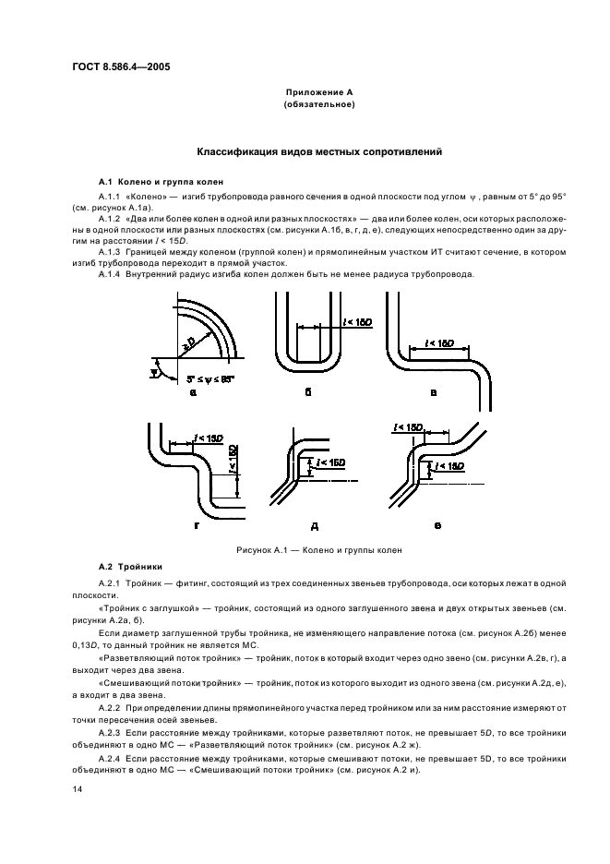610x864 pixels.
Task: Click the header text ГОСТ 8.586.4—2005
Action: [121, 66]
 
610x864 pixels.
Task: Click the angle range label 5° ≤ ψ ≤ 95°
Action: [213, 378]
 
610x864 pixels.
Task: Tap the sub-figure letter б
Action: [307, 392]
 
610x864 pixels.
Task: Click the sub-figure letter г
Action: [196, 523]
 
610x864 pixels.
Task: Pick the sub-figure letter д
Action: [314, 525]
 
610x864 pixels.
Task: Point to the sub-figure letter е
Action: [437, 524]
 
